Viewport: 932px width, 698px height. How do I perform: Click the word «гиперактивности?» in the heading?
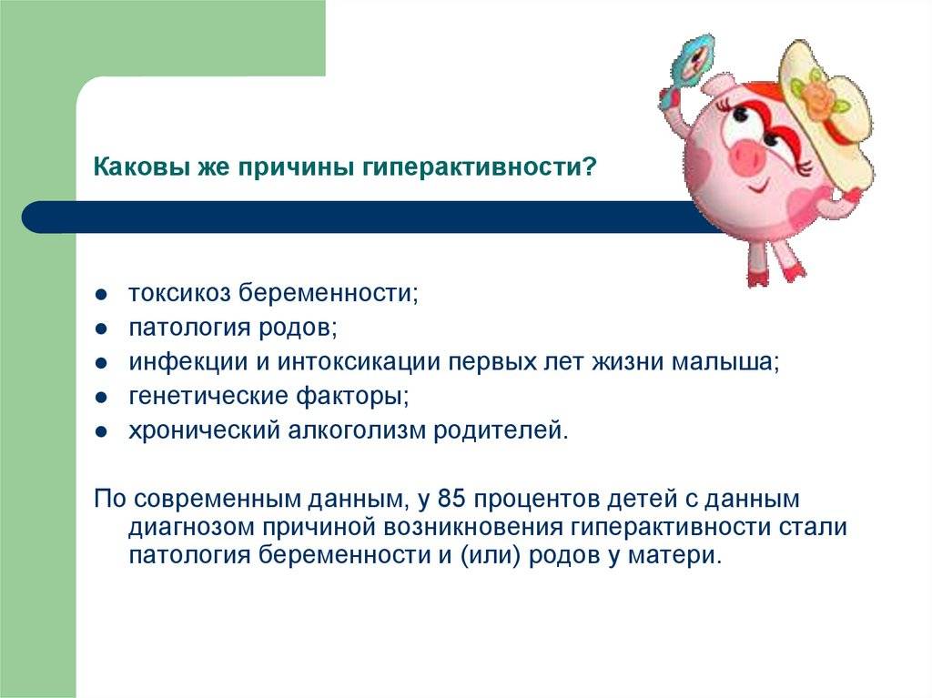[x=479, y=167]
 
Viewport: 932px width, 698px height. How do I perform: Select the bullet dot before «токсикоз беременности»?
[x=101, y=294]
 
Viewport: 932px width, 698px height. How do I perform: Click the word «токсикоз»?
[x=179, y=293]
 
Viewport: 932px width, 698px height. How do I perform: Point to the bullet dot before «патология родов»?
[x=101, y=329]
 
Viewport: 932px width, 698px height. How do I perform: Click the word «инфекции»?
[x=187, y=362]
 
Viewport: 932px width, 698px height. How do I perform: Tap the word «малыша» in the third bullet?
[x=722, y=362]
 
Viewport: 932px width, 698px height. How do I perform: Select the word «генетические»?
[x=208, y=396]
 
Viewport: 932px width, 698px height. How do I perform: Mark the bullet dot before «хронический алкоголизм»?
[x=101, y=431]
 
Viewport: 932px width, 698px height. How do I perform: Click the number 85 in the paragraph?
[x=451, y=499]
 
